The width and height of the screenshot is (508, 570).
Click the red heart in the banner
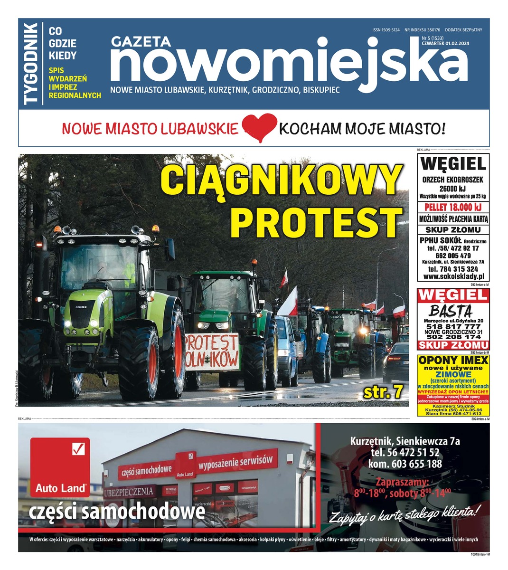pyautogui.click(x=259, y=127)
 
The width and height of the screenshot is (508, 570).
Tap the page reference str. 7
pyautogui.click(x=383, y=392)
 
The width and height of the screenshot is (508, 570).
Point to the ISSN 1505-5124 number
pyautogui.click(x=386, y=30)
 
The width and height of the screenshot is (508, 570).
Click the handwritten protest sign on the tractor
pyautogui.click(x=212, y=352)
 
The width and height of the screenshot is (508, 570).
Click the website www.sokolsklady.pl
pyautogui.click(x=453, y=276)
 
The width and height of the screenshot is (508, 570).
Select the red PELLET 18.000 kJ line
pyautogui.click(x=453, y=208)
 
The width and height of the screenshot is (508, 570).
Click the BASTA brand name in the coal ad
pyautogui.click(x=451, y=311)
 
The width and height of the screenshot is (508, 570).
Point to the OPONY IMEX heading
pyautogui.click(x=453, y=361)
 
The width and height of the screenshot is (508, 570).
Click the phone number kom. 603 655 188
pyautogui.click(x=405, y=464)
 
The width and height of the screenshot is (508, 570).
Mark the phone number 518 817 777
pyautogui.click(x=452, y=327)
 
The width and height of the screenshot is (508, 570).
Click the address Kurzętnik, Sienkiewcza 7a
pyautogui.click(x=405, y=441)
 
